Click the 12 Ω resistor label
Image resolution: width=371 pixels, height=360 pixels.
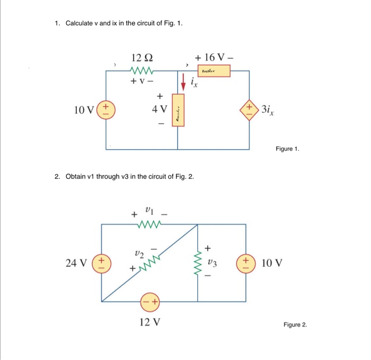(x=142, y=58)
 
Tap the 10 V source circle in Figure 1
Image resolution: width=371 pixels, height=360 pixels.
(x=106, y=110)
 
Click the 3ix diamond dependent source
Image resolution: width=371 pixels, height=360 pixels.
(x=249, y=110)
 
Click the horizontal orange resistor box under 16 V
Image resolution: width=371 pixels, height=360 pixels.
(x=213, y=70)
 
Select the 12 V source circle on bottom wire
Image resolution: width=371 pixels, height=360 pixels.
(x=149, y=302)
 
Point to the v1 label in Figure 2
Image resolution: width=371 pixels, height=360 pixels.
(x=149, y=211)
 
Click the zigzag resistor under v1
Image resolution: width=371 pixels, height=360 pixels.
(x=149, y=224)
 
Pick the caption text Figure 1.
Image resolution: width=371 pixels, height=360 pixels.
(x=287, y=150)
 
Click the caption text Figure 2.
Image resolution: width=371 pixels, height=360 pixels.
(x=295, y=325)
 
